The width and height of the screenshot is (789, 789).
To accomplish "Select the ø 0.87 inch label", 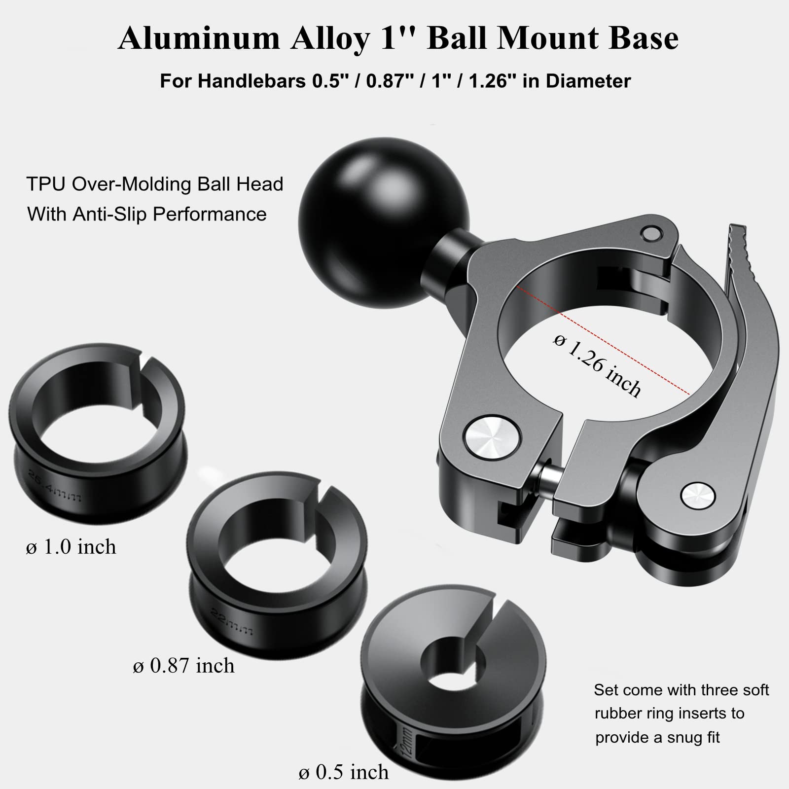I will pyautogui.click(x=183, y=666).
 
